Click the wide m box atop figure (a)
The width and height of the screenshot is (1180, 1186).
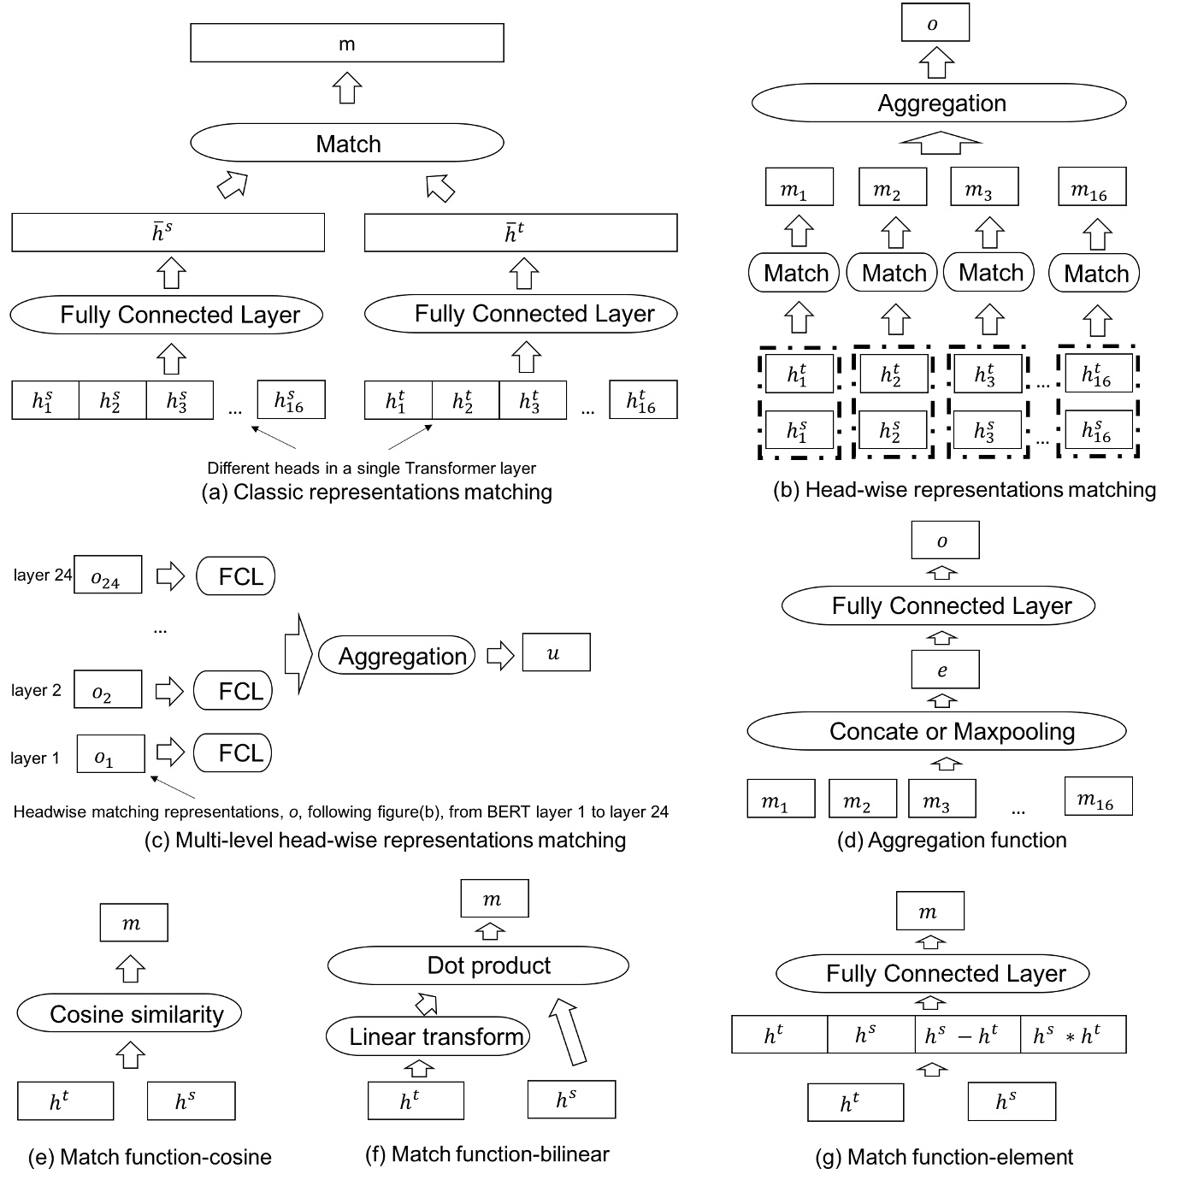point(346,43)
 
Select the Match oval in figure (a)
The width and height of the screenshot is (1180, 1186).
point(346,143)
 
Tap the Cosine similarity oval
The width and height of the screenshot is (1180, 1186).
point(129,1014)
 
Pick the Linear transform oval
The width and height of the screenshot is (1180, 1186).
point(428,1036)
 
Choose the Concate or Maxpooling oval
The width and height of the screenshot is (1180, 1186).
point(936,732)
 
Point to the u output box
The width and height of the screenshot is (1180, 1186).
point(556,653)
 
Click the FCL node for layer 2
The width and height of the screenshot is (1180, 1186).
point(233,691)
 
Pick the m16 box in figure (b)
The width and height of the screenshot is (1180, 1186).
point(1092,186)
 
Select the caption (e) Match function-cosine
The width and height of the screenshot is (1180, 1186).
point(150,1157)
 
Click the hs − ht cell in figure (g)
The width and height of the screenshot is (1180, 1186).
point(967,1035)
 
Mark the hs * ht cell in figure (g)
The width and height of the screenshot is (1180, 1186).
point(1072,1035)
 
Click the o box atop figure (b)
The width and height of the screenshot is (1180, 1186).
point(935,24)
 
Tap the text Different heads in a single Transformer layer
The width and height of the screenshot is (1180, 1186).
point(371,469)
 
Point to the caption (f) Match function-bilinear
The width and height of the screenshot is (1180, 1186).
point(487,1154)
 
